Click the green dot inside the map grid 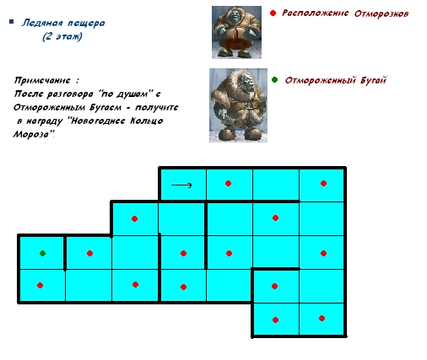coord(42,254)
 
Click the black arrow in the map coord(181,185)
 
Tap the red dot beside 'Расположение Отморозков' coord(273,13)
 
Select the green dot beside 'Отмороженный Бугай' coord(274,80)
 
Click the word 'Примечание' coord(42,81)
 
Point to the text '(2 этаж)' coord(62,36)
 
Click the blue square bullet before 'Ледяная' coord(12,22)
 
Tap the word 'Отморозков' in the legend coord(381,13)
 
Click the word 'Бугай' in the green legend coord(373,80)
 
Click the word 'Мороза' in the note coord(31,134)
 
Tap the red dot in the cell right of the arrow coord(228,184)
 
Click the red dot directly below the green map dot coord(40,286)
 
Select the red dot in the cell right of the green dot coord(89,254)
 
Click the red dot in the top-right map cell coord(323,184)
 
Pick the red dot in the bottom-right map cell coord(322,319)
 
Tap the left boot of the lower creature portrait coord(226,134)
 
